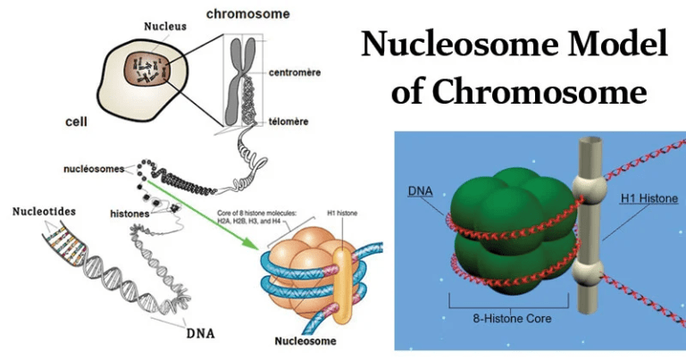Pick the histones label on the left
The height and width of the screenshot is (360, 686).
[130, 214]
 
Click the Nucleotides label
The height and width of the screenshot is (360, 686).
[45, 212]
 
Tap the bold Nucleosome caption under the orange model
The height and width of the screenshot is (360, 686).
[306, 340]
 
